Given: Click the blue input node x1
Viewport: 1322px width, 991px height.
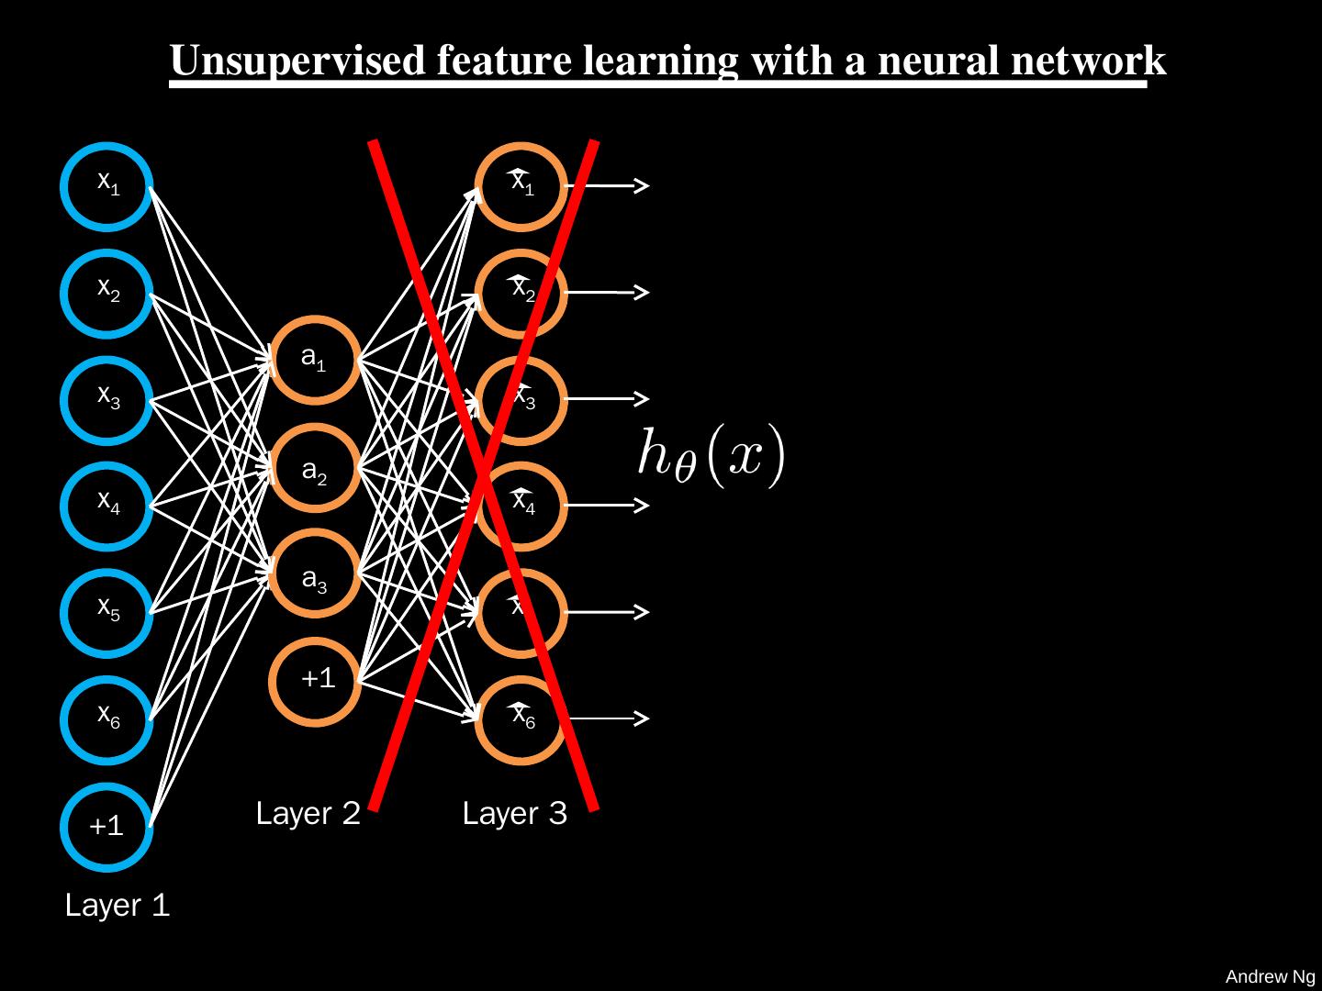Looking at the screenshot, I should (x=107, y=185).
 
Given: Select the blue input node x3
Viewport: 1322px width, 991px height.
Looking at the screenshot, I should (x=107, y=399).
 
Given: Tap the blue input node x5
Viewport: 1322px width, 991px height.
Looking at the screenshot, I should (x=107, y=612).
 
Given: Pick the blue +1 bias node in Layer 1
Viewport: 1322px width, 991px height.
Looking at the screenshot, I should (x=107, y=826).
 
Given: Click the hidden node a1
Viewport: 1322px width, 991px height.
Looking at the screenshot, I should (x=315, y=360).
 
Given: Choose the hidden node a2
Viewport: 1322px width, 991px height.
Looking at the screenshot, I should (x=315, y=468).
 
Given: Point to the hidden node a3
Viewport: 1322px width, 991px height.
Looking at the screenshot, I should (x=315, y=575).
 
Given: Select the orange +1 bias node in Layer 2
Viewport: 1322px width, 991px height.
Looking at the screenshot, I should (x=315, y=681).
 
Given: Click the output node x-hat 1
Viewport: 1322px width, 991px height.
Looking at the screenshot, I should (x=521, y=185).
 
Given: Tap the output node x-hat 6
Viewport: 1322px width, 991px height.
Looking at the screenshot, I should (x=521, y=719).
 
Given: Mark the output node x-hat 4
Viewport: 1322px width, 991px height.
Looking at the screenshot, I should (x=521, y=506).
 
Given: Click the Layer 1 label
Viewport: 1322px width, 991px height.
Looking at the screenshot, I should (x=118, y=907).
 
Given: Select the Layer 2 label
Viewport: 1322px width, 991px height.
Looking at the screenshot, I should (x=308, y=814).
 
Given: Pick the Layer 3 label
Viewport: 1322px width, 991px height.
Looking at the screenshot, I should (x=514, y=814).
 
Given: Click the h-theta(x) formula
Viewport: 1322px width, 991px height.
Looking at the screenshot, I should (x=712, y=457).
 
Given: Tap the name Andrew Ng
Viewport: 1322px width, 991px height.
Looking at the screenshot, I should (x=1271, y=977).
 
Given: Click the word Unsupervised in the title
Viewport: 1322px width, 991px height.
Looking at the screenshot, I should (x=295, y=61).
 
